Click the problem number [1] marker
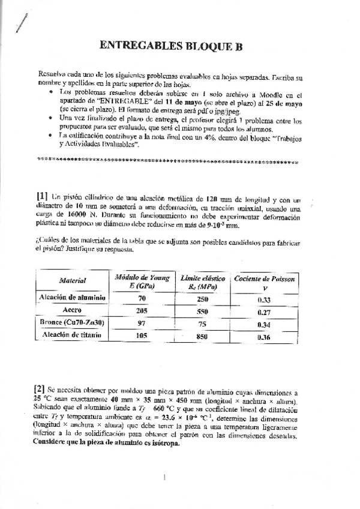coord(42,194)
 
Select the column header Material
coord(73,280)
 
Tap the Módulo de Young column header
coord(142,280)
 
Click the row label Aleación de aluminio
coord(73,298)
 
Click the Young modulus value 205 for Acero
coord(142,312)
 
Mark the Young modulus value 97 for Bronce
coord(142,324)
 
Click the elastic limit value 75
coord(202,324)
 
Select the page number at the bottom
coord(164,478)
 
